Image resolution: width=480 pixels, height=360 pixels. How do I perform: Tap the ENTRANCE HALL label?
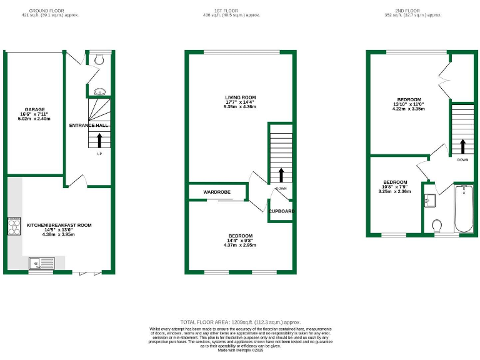coord(89,126)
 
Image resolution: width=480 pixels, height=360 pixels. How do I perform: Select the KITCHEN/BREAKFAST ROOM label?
coord(59,225)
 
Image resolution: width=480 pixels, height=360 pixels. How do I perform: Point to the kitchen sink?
coord(41,262)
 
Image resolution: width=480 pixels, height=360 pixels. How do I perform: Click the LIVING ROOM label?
coord(241,97)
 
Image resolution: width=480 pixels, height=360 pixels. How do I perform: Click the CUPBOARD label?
coord(281,211)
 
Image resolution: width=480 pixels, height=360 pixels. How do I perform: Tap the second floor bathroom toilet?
coord(437,224)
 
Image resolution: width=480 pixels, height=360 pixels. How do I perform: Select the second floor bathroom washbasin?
coord(429,200)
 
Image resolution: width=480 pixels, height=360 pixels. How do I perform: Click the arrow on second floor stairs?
coord(462,145)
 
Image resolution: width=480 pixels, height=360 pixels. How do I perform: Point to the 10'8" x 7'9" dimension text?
coord(395,187)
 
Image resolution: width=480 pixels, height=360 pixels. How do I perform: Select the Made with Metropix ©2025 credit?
coord(240,350)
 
